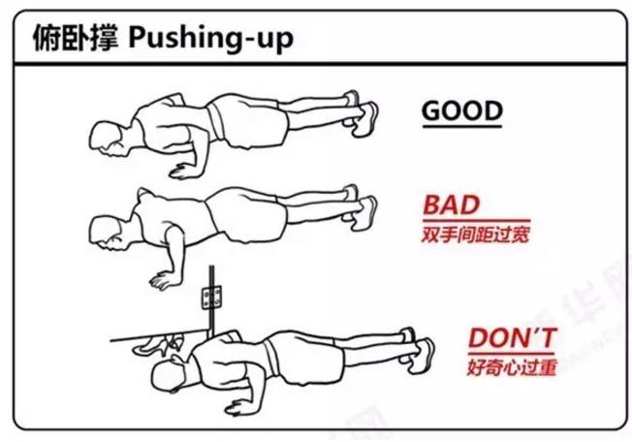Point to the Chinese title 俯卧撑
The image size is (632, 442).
(x=74, y=41)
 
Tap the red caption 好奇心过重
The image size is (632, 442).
(x=505, y=368)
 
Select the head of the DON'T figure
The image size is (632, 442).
(x=209, y=360)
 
